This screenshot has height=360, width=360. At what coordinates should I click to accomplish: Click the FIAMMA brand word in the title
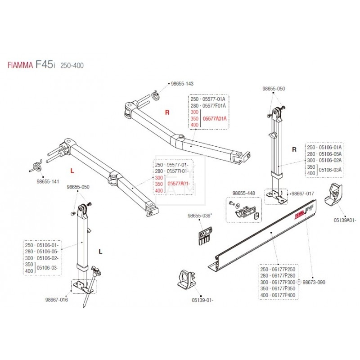[19, 65]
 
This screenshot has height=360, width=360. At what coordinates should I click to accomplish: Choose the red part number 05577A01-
[179, 184]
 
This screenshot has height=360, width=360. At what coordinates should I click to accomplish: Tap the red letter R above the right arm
[167, 113]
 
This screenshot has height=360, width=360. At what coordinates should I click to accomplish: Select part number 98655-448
[243, 193]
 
